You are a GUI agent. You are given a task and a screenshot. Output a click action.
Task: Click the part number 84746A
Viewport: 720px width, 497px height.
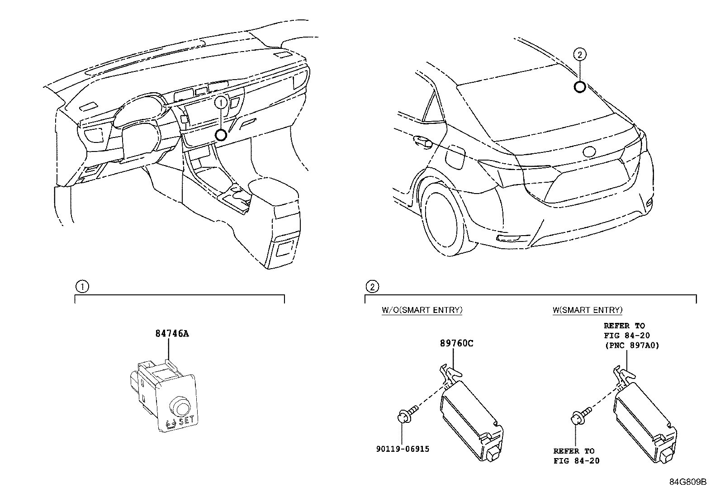coord(171,334)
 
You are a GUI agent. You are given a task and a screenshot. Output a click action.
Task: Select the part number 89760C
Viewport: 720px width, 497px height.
coord(457,343)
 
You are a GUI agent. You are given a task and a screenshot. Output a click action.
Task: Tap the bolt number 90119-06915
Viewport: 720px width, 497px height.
coord(403,449)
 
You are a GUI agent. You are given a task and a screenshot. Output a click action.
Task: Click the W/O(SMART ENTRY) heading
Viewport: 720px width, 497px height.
coord(422,310)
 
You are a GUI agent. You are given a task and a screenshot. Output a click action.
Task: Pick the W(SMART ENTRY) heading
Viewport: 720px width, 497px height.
coord(587,310)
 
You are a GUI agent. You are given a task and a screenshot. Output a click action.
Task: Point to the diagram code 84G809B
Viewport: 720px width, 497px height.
coord(687,482)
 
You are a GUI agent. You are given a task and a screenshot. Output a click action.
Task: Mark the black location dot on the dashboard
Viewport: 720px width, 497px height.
coord(221,135)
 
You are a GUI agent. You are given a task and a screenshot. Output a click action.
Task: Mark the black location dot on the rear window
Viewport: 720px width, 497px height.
coord(579,86)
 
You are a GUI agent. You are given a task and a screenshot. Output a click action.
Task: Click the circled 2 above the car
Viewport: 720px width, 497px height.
coord(579,55)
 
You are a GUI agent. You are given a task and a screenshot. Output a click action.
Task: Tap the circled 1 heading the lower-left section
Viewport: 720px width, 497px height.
coord(82,286)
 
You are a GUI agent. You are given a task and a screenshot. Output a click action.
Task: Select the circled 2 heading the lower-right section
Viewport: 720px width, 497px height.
coord(372,286)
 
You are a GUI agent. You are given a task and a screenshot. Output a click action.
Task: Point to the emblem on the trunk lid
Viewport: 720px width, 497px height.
coord(590,152)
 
